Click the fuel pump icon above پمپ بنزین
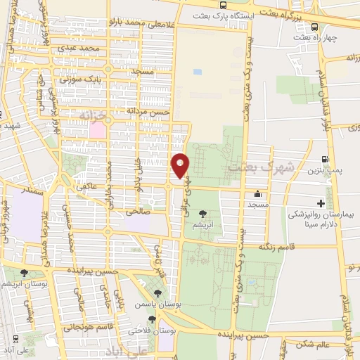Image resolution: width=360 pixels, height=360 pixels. point(325,160)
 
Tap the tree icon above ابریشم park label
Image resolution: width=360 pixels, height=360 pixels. point(203,212)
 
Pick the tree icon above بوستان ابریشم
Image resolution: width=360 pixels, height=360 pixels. point(25,273)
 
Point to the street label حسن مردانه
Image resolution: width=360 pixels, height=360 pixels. point(148,111)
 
